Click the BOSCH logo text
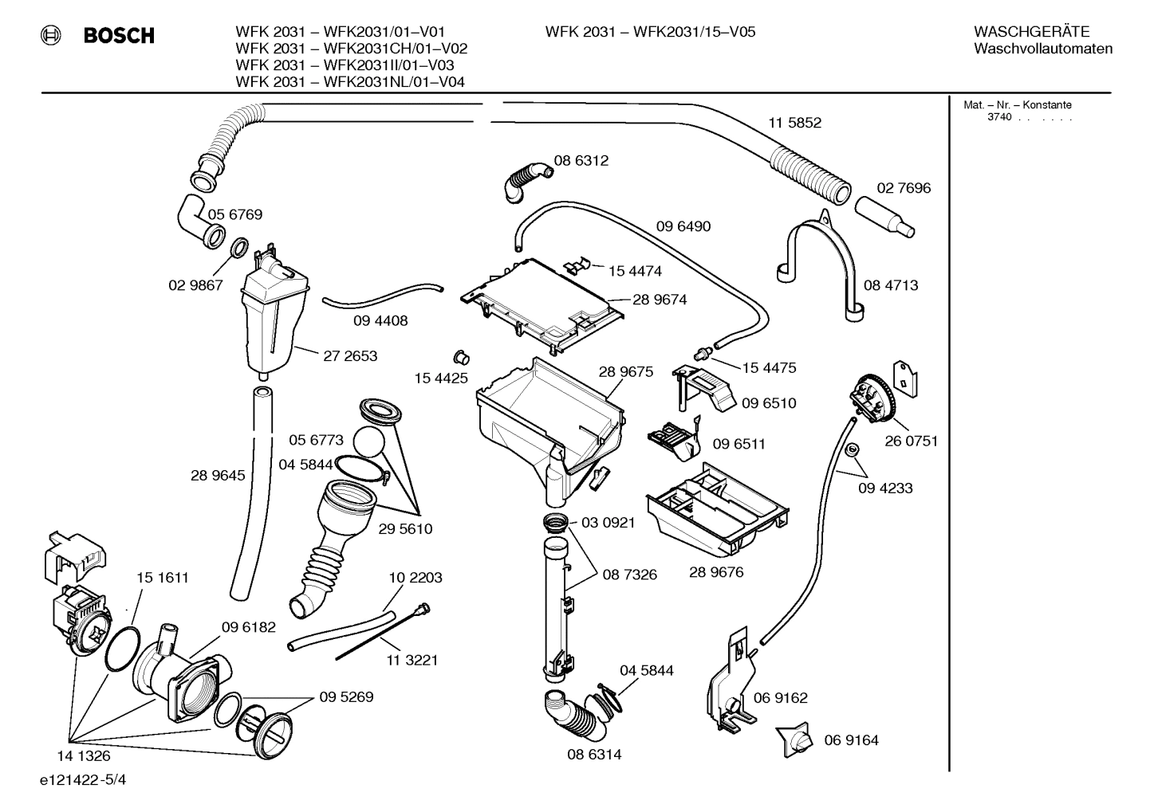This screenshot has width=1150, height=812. (x=119, y=35)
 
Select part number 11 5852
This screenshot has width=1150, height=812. (x=794, y=123)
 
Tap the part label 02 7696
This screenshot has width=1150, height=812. (x=904, y=188)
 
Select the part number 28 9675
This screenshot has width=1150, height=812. (x=625, y=371)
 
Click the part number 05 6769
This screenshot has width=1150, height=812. (x=235, y=214)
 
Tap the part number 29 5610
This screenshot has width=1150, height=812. (x=405, y=529)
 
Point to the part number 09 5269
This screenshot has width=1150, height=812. (x=346, y=696)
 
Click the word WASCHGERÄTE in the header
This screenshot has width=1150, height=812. (x=1031, y=32)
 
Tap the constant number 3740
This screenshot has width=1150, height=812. (x=998, y=117)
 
